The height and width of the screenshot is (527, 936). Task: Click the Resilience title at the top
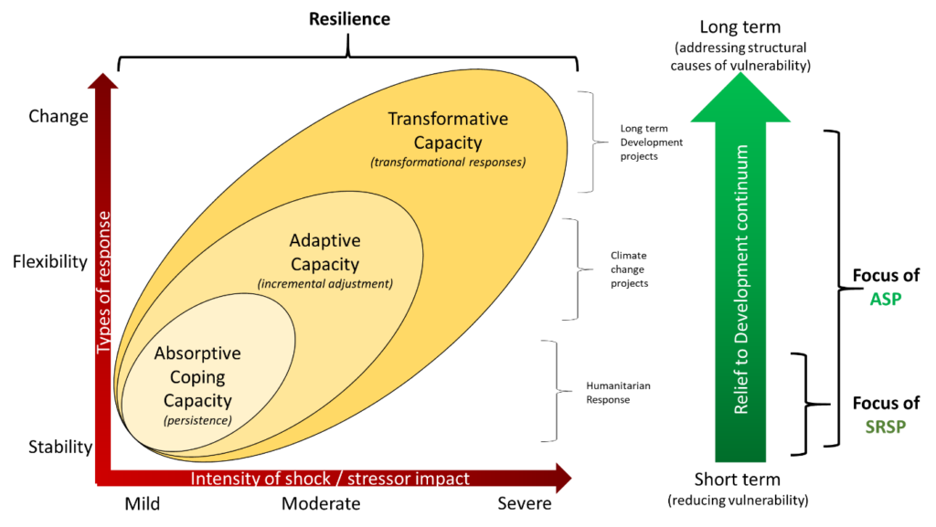click(x=349, y=19)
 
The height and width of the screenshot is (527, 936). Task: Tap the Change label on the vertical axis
click(x=58, y=116)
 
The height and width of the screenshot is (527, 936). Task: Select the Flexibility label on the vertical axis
click(x=50, y=261)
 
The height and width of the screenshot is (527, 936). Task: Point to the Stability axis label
click(x=60, y=448)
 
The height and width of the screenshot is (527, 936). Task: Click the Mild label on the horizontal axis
click(x=142, y=504)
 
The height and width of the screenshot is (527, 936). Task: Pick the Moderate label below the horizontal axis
click(x=321, y=504)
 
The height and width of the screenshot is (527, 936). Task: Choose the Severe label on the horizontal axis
click(x=525, y=504)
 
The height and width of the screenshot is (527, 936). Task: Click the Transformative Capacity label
click(x=448, y=131)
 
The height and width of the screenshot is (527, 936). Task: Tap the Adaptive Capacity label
click(x=325, y=252)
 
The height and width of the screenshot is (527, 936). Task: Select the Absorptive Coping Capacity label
click(x=197, y=377)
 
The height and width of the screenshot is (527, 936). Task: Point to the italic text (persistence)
click(x=197, y=420)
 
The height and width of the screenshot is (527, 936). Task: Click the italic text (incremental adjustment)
click(x=325, y=284)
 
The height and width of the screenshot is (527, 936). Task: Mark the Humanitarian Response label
click(x=619, y=393)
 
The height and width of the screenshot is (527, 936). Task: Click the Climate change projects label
click(x=629, y=269)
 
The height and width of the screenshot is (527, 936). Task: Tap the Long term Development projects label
click(x=651, y=142)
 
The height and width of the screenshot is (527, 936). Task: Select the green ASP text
click(x=885, y=300)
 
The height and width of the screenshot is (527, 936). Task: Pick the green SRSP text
click(x=886, y=427)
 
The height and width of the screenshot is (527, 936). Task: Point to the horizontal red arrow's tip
click(x=571, y=478)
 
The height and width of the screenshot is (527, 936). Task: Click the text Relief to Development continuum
click(x=740, y=279)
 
